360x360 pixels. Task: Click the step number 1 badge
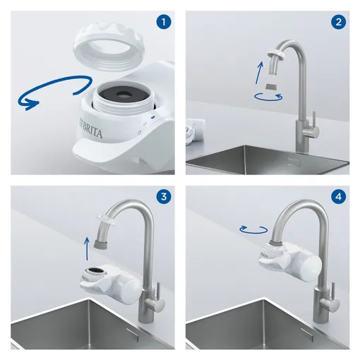pyautogui.click(x=163, y=22)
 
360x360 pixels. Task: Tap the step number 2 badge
pyautogui.click(x=338, y=22)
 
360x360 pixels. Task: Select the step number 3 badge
pyautogui.click(x=163, y=196)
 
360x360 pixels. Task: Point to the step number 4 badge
pyautogui.click(x=338, y=196)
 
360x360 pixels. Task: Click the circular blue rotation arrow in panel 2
pyautogui.click(x=268, y=97)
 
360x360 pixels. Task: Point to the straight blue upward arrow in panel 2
pyautogui.click(x=259, y=73)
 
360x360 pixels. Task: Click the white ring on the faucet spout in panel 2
pyautogui.click(x=276, y=54)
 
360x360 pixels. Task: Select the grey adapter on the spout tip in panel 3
pyautogui.click(x=101, y=244)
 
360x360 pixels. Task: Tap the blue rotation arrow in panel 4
pyautogui.click(x=253, y=229)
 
